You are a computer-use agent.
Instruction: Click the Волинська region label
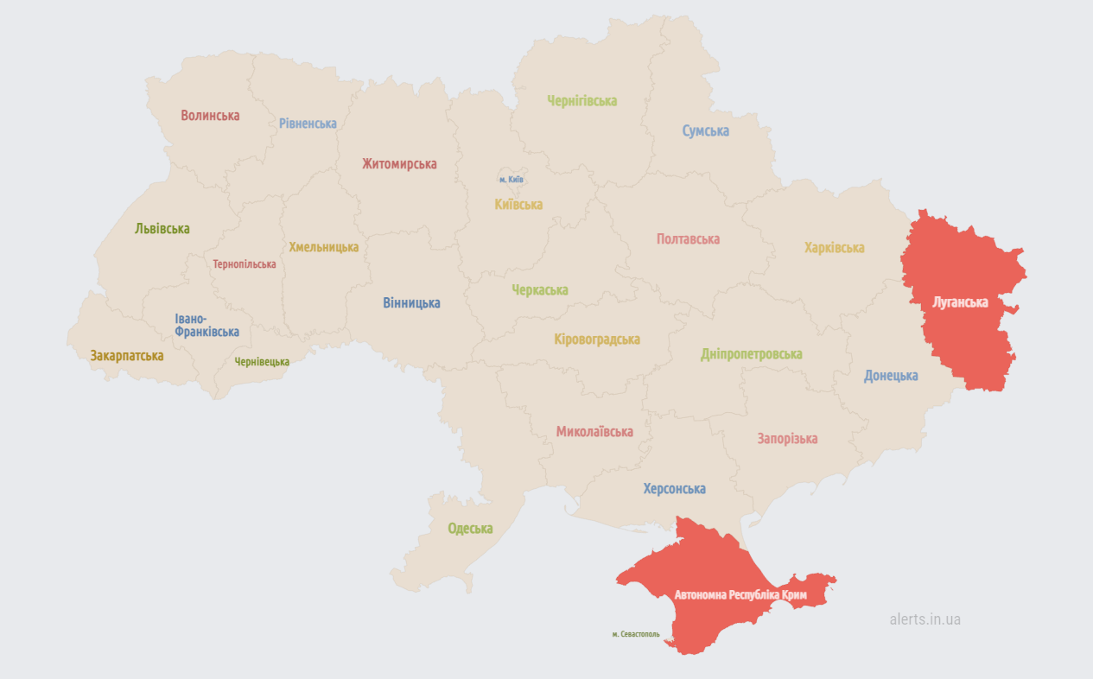coord(210,115)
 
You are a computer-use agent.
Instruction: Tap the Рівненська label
coord(308,124)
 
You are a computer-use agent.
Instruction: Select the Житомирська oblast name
coord(399,163)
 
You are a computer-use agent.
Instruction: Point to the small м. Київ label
coord(512,180)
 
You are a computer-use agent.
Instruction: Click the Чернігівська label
coord(581,101)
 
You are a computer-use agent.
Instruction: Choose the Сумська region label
coord(705,131)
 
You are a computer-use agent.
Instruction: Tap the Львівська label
coord(162,229)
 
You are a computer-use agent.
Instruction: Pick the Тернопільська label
coord(245,264)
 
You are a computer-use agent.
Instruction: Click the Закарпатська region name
coord(127,355)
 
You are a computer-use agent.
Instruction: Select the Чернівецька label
coord(262,362)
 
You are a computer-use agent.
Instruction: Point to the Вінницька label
coord(411,303)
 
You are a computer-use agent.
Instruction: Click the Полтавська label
coord(688,239)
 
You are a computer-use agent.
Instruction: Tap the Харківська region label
coord(834,248)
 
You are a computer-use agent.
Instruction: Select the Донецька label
coord(891,376)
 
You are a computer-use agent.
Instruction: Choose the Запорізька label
coord(787,439)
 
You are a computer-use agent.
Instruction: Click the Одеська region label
coord(470,529)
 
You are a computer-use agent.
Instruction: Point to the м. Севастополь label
coord(636,634)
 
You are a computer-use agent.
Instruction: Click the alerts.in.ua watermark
coord(925,619)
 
